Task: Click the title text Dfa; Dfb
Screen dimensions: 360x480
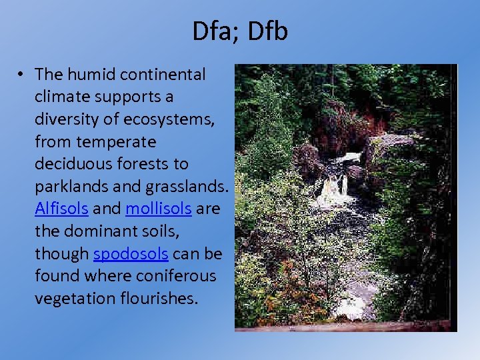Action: tap(240, 31)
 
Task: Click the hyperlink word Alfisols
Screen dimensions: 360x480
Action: tap(61, 209)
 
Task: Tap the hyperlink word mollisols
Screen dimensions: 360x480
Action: tap(159, 209)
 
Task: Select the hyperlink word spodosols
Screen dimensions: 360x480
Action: tap(131, 253)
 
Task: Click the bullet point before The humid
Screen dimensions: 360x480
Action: tap(23, 74)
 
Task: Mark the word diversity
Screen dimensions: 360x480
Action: tap(69, 119)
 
